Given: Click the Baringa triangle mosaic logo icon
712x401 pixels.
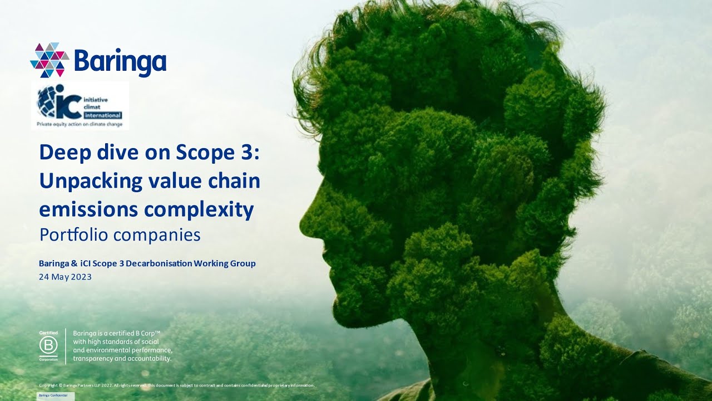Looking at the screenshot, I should click(49, 60).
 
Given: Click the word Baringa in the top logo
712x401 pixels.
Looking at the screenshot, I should click(120, 61).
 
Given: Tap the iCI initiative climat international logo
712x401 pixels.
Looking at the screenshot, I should click(80, 106).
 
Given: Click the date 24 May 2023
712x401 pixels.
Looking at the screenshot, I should click(65, 276).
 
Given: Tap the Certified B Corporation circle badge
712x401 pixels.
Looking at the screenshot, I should click(48, 346).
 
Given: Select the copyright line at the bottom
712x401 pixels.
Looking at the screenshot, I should click(177, 385).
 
